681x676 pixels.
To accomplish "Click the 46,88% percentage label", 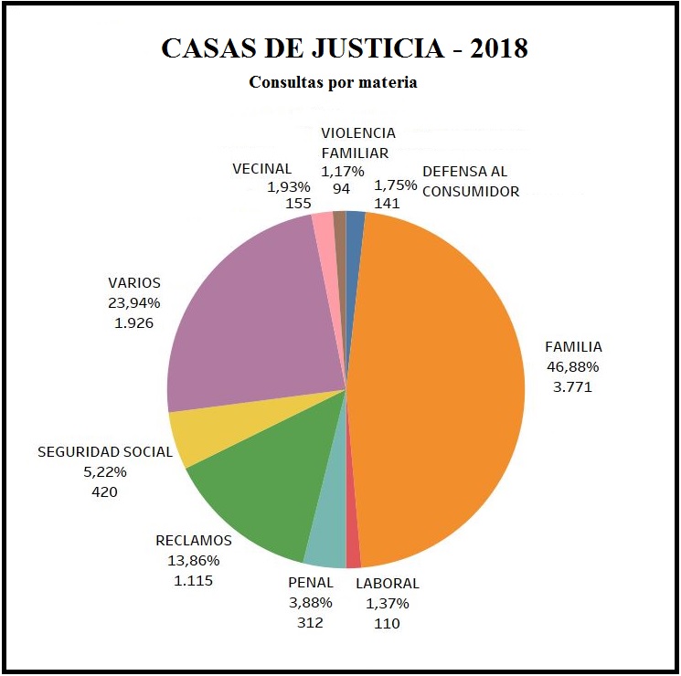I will point(572,366).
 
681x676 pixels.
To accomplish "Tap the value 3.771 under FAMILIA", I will point(572,386).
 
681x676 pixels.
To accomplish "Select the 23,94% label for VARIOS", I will point(133,302).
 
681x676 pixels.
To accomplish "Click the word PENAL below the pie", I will point(312,583).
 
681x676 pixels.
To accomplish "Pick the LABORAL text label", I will point(387,583).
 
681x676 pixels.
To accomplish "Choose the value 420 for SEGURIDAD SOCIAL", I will point(103,491).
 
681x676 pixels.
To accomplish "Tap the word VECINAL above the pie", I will point(261,168).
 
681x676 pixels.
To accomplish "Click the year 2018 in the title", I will point(499,48).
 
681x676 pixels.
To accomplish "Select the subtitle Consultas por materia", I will point(333,82).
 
